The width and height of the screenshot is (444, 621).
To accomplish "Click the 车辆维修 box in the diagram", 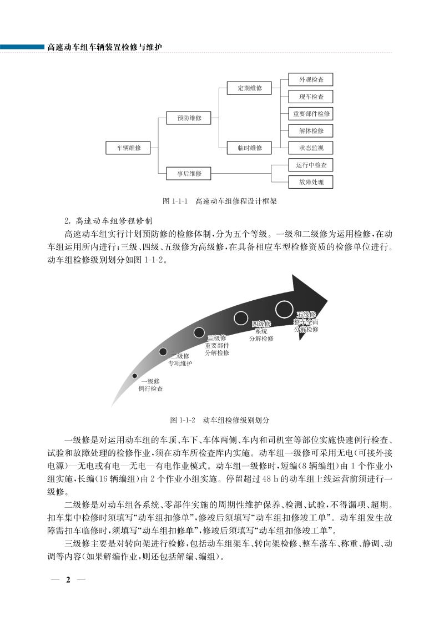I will (x=128, y=148).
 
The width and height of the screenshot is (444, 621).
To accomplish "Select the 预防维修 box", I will (x=189, y=118).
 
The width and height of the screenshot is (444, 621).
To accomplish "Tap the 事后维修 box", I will (x=189, y=174).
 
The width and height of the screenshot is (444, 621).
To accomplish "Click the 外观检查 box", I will (x=311, y=80).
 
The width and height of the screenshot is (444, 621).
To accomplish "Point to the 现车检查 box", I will (x=311, y=97).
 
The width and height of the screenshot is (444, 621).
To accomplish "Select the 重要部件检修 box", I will (x=311, y=114).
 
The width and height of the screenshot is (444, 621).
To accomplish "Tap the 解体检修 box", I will (x=311, y=131).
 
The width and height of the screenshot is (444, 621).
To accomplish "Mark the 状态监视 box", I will (x=311, y=148).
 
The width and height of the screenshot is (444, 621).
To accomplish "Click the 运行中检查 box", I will (x=311, y=165).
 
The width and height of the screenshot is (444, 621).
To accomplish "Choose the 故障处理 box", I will (x=311, y=181).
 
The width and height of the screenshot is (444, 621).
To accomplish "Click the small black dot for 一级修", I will (x=135, y=376).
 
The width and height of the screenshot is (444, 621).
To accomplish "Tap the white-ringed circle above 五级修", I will (x=284, y=307).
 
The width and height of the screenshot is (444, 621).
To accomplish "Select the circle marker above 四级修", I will (x=241, y=317).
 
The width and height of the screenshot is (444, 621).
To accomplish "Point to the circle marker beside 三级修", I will (x=199, y=332).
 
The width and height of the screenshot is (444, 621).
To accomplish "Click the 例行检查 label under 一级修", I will (x=151, y=389).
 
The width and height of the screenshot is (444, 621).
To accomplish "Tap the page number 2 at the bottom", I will (x=68, y=596).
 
